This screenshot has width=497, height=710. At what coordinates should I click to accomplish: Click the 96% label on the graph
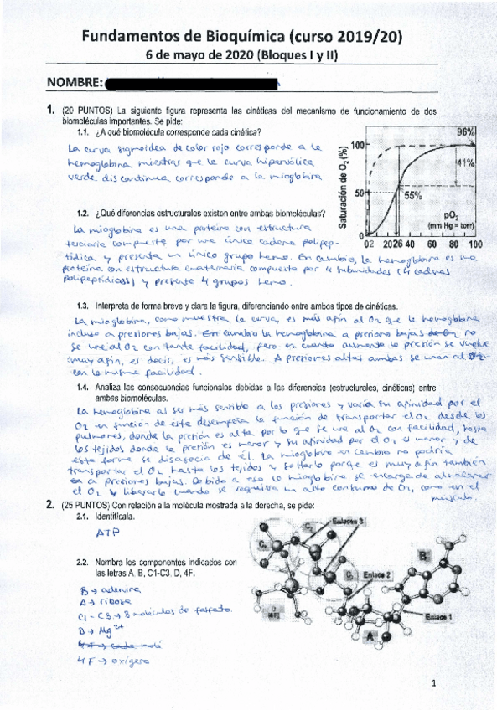click(465, 132)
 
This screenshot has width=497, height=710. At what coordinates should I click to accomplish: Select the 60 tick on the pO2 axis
click(432, 244)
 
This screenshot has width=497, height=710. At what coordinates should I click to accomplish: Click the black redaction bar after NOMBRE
click(193, 84)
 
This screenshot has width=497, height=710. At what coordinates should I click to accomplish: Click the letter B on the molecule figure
click(424, 555)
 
